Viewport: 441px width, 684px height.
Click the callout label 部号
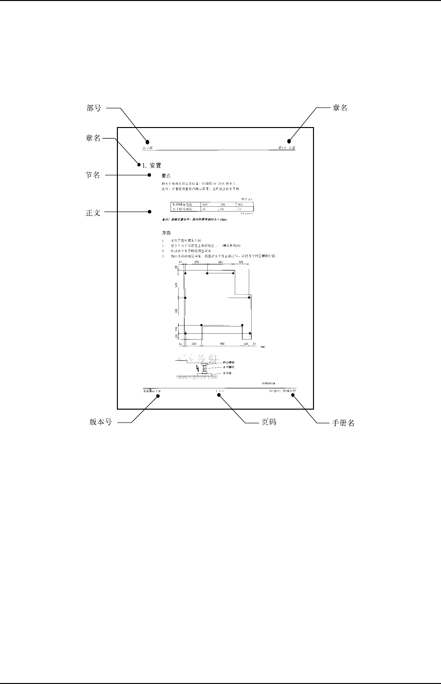coord(93,109)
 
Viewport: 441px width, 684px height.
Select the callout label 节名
coord(93,175)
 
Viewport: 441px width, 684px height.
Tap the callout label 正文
coord(93,213)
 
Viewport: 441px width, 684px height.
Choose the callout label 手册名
coord(344,423)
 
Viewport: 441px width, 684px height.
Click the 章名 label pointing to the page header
coord(340,109)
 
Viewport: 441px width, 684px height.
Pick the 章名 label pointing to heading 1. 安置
coord(93,139)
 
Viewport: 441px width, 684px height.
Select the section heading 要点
coord(166,176)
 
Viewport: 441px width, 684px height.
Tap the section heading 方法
coord(166,233)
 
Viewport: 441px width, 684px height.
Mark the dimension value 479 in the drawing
coord(197,262)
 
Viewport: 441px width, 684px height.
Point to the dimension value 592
coord(222,344)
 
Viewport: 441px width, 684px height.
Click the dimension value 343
coord(193,344)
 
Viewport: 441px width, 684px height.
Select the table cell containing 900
coord(205,205)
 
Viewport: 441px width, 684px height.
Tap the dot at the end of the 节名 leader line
coord(150,175)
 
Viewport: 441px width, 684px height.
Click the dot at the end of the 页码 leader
coord(219,395)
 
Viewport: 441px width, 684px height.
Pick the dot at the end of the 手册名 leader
coord(294,395)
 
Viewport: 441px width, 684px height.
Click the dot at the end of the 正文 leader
coord(150,212)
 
